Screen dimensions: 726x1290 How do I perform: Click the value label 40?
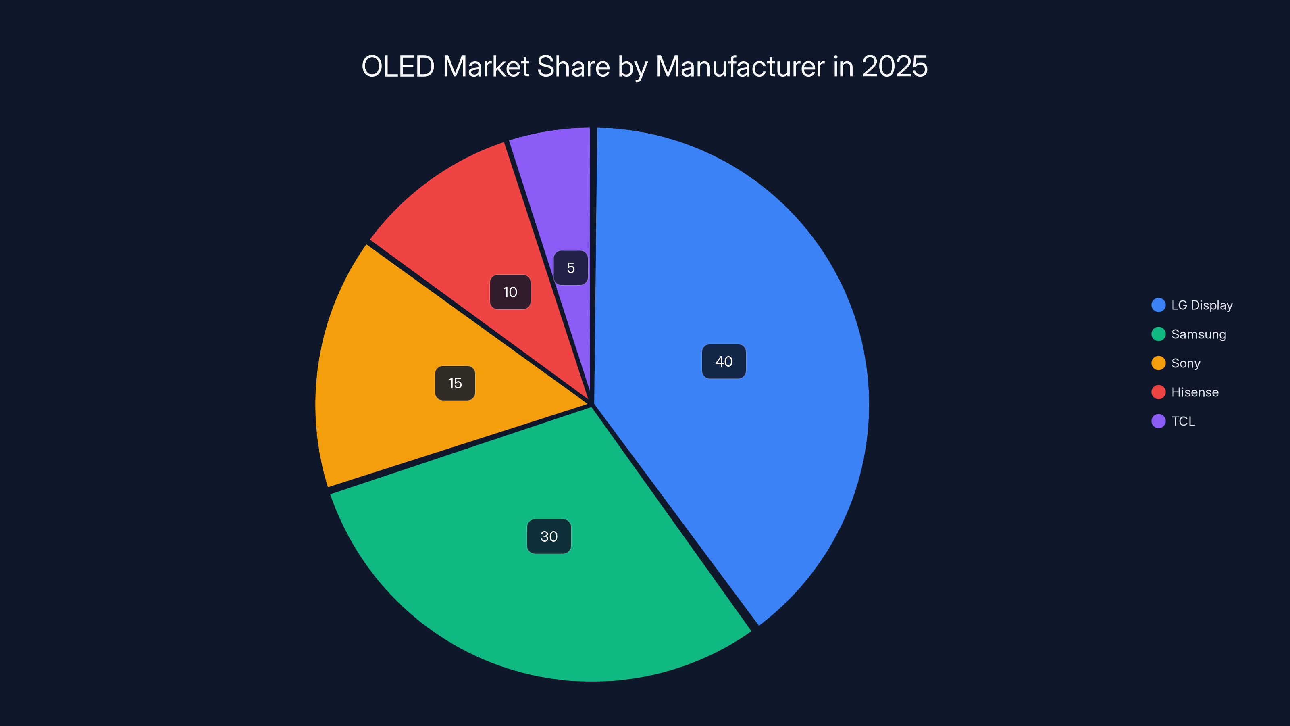pyautogui.click(x=724, y=361)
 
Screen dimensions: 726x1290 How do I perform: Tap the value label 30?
pyautogui.click(x=549, y=536)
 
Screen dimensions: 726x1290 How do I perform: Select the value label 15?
pyautogui.click(x=455, y=383)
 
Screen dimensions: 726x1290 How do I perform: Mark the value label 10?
pyautogui.click(x=510, y=292)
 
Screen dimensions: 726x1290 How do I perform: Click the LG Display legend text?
pyautogui.click(x=1202, y=305)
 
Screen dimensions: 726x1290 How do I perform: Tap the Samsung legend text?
pyautogui.click(x=1198, y=334)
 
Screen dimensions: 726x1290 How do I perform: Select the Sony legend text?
pyautogui.click(x=1185, y=363)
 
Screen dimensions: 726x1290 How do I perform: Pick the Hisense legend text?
pyautogui.click(x=1195, y=392)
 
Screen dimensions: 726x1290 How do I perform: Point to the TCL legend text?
pyautogui.click(x=1183, y=421)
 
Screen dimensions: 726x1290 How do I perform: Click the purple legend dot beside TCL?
pyautogui.click(x=1158, y=421)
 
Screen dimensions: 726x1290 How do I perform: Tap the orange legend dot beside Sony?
pyautogui.click(x=1158, y=363)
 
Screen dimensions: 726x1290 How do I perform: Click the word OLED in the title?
pyautogui.click(x=398, y=67)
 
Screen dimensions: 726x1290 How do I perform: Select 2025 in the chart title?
pyautogui.click(x=895, y=67)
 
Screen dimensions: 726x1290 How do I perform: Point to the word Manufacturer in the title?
pyautogui.click(x=740, y=67)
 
